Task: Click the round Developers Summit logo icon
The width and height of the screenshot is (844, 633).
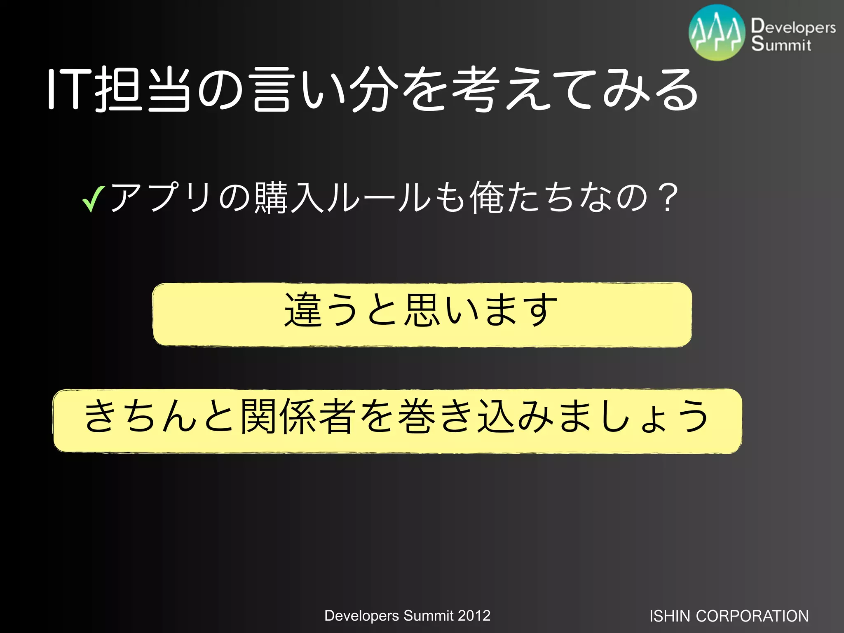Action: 717,33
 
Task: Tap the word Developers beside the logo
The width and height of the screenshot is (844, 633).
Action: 793,26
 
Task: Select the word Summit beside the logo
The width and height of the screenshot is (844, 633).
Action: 781,44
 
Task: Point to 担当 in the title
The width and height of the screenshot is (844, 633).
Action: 143,90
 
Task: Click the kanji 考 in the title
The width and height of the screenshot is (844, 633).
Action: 474,90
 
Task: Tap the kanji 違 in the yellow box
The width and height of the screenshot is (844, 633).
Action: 303,309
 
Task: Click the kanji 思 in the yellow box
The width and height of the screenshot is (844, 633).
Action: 421,309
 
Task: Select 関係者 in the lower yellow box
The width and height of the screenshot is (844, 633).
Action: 298,417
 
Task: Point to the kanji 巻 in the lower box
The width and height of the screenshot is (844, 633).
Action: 417,417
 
